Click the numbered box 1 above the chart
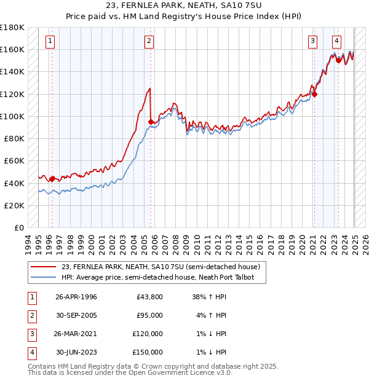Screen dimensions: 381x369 click(50, 41)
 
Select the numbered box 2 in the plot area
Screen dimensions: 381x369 click(149, 41)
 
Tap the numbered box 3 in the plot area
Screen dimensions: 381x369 click(312, 41)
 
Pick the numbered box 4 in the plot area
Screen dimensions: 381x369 click(337, 41)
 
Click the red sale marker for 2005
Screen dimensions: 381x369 click(151, 122)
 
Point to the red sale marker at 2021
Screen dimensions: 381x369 click(314, 94)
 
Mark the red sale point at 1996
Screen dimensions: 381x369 click(52, 179)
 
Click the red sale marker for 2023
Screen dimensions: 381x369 click(338, 60)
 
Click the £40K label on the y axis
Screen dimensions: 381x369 click(14, 183)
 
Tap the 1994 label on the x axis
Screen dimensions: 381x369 click(27, 243)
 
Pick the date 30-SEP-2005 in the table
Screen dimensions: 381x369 click(76, 315)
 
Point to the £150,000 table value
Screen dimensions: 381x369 click(148, 352)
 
